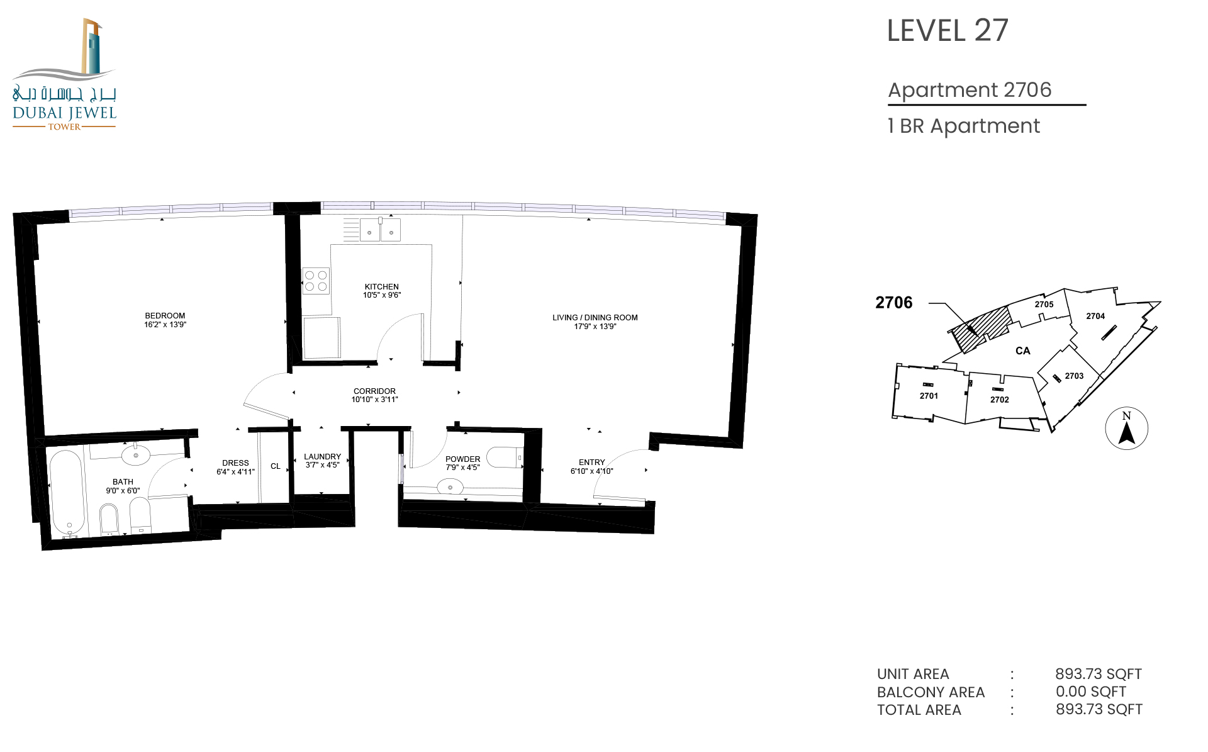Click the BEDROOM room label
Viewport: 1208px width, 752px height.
point(165,316)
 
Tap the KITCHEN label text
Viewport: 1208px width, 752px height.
point(382,286)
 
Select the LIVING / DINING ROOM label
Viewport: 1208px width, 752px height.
point(595,318)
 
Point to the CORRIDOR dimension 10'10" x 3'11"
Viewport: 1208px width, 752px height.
point(375,400)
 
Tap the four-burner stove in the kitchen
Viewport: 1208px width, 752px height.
point(316,281)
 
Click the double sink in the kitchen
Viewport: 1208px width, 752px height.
point(380,230)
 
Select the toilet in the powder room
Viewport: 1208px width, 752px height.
point(505,457)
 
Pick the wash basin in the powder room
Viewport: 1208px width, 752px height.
point(450,487)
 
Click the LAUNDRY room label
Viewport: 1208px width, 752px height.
point(323,457)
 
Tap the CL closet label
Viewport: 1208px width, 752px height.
point(276,466)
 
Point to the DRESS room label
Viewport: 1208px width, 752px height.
point(236,463)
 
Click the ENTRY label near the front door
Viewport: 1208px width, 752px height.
point(592,463)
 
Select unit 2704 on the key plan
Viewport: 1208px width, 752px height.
point(1095,317)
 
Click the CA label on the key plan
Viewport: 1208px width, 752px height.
point(1023,351)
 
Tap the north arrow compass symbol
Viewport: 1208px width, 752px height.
point(1127,429)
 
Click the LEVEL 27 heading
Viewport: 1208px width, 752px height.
point(948,31)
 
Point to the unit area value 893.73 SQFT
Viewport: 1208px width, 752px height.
point(1099,674)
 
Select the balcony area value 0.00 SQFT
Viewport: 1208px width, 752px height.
point(1091,692)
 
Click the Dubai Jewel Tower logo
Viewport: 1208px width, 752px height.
point(64,74)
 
